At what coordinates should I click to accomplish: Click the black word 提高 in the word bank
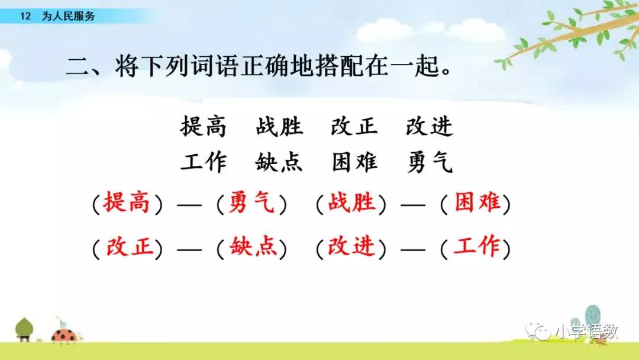(204, 126)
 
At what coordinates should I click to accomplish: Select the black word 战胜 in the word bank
(279, 126)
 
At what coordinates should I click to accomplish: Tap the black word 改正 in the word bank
(354, 126)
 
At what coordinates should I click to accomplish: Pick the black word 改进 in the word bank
(429, 126)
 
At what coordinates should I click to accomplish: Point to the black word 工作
(204, 162)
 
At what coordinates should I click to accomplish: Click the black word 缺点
(279, 162)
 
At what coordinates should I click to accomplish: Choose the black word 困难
(354, 162)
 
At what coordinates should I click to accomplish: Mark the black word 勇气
(430, 162)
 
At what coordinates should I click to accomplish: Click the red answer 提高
(127, 202)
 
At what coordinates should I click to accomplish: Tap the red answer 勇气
(251, 202)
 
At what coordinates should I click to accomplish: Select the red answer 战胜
(351, 202)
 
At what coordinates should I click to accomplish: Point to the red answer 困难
(477, 202)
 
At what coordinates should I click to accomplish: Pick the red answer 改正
(129, 247)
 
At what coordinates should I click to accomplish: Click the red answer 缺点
(253, 247)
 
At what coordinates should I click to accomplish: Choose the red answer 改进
(351, 247)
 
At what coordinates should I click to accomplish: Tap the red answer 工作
(476, 247)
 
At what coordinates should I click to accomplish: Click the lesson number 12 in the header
(25, 17)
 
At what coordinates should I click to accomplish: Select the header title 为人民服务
(69, 17)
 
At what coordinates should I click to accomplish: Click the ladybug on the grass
(64, 335)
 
